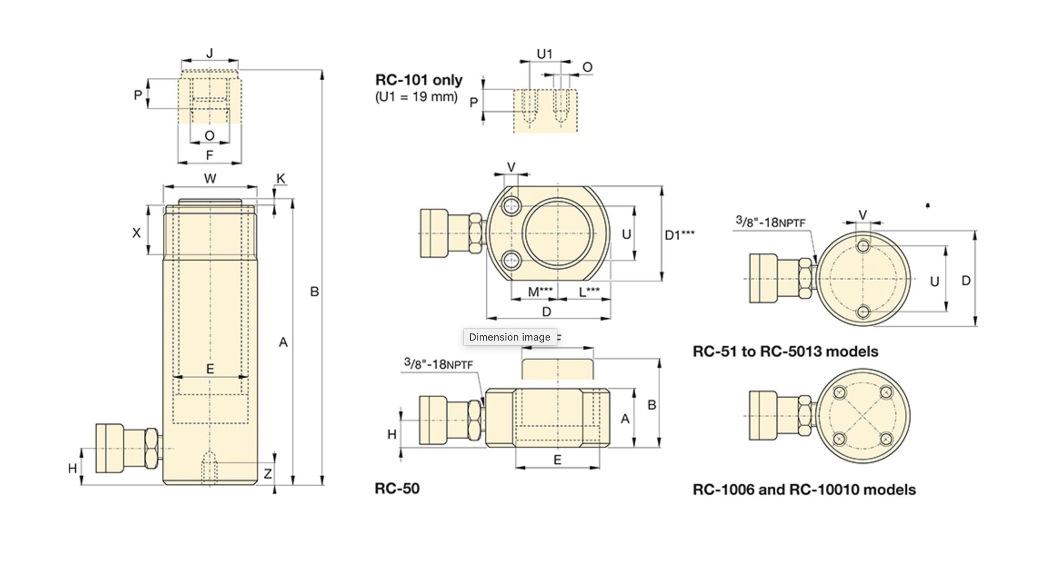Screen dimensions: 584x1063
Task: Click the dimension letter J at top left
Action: tap(210, 53)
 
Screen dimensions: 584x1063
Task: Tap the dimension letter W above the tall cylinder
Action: tap(210, 178)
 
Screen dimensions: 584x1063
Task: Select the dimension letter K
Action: tap(281, 178)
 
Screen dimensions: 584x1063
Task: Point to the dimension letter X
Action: tap(136, 233)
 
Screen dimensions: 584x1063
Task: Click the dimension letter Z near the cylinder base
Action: tap(268, 474)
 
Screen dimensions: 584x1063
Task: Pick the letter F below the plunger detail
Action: tap(209, 155)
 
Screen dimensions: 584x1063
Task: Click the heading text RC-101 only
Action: tap(419, 80)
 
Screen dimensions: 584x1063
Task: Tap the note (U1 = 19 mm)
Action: tap(416, 97)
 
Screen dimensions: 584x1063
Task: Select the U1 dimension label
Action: tap(544, 54)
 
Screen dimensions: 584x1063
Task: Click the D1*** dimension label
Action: tap(679, 235)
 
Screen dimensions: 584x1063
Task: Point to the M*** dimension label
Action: tap(540, 292)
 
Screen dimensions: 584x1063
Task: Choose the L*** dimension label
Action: tap(589, 292)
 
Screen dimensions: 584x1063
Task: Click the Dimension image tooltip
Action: tap(510, 337)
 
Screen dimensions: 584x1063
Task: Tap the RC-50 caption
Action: tap(397, 489)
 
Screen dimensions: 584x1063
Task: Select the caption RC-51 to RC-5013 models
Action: tap(785, 351)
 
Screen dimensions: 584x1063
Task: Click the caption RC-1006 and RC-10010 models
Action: tap(804, 490)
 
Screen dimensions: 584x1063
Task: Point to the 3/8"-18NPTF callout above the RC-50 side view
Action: tap(438, 364)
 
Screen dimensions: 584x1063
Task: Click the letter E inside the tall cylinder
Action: tap(210, 368)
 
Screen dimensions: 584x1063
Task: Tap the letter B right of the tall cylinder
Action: tap(314, 292)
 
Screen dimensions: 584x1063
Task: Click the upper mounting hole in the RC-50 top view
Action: tap(511, 207)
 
